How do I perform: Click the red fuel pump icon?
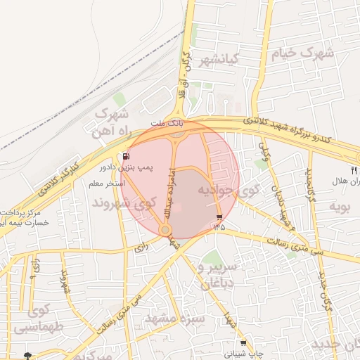(x=126, y=156)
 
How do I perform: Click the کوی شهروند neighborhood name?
(x=123, y=203)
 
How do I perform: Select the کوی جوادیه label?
(x=229, y=191)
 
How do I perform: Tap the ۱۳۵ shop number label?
(x=220, y=226)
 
